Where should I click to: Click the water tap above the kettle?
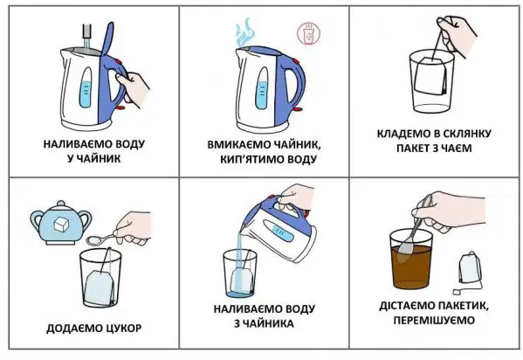point(87,31)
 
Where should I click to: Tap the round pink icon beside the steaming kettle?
point(308,34)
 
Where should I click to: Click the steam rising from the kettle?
point(244,32)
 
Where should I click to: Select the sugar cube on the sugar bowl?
point(61,224)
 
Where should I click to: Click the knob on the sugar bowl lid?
point(61,204)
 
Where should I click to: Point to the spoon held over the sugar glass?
point(101,239)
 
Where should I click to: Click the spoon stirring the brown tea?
point(414,231)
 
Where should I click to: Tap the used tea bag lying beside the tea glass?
point(470,269)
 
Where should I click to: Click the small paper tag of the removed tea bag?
point(457,291)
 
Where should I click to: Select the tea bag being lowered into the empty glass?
point(431,76)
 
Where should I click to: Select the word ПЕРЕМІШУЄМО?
point(434,321)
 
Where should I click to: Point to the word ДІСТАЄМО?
point(407,306)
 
